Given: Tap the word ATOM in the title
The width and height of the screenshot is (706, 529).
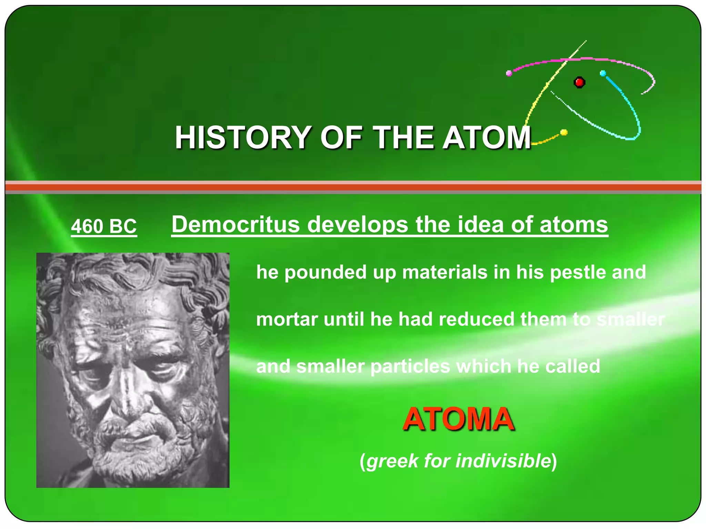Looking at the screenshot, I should click(486, 137).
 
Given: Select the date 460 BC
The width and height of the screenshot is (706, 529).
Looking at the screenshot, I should click(104, 226).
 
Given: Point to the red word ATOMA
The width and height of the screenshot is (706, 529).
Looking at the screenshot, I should click(458, 419).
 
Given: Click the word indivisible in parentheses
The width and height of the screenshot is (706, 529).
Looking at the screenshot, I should click(503, 460).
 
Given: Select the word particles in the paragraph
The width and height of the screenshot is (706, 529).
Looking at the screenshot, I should click(410, 366).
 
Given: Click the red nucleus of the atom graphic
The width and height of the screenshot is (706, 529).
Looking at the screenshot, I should click(579, 82).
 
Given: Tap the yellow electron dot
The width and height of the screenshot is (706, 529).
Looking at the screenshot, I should click(564, 132).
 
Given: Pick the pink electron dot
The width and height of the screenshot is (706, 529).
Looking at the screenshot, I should click(509, 73).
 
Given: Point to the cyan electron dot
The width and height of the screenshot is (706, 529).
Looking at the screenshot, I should click(603, 73).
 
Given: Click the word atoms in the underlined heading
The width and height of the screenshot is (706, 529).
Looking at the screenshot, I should click(574, 225).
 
